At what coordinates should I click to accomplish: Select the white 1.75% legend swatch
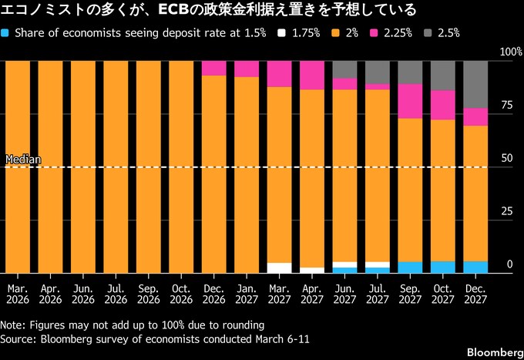click(283, 33)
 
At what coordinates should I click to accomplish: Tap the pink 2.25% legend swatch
click(375, 33)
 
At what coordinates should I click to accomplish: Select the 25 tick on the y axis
click(506, 211)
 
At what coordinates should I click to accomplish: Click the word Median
click(22, 160)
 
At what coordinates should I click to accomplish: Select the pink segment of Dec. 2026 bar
click(213, 68)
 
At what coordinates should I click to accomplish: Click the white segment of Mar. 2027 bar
click(279, 267)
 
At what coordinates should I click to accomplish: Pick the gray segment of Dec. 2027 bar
click(475, 84)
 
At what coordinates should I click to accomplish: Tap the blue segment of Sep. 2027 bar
click(410, 267)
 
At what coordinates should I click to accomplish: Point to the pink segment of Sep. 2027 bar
click(410, 101)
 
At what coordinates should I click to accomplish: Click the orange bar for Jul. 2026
click(116, 166)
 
